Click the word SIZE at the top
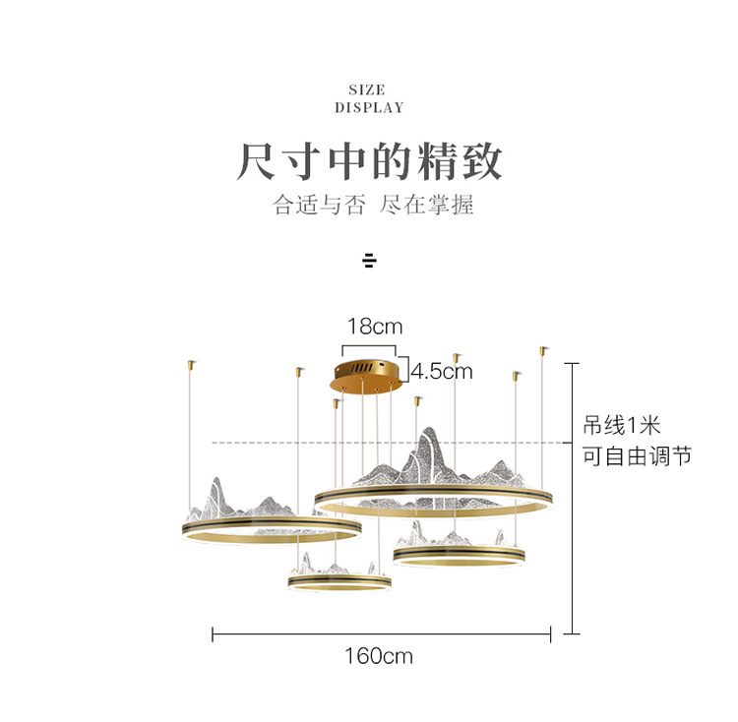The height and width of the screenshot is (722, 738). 367,90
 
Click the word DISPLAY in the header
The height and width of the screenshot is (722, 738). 368,107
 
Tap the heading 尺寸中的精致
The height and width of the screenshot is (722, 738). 369,161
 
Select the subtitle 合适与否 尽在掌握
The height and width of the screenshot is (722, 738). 368,207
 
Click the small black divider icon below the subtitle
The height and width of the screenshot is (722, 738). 369,261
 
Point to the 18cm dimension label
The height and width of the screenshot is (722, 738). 375,327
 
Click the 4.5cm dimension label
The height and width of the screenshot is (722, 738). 442,371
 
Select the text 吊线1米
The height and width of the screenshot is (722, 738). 621,426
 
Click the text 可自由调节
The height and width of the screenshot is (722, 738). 636,456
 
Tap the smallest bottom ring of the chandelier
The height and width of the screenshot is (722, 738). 339,584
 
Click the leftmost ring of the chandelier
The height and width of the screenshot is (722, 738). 271,532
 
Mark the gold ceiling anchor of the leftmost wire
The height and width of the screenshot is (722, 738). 188,365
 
